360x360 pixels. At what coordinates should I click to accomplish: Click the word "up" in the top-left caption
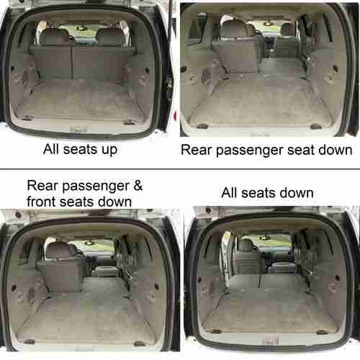click(109, 150)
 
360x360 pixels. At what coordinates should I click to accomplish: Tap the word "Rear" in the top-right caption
click(196, 150)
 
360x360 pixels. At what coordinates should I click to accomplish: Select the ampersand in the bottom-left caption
click(138, 186)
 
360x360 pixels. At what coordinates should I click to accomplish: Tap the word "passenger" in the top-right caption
click(249, 151)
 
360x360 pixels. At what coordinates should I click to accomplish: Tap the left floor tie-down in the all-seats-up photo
click(27, 118)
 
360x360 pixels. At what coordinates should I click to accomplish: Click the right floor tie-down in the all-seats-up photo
click(129, 123)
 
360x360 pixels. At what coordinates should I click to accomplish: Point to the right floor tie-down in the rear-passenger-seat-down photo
click(316, 126)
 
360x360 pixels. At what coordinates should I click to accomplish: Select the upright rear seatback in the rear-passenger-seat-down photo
click(236, 55)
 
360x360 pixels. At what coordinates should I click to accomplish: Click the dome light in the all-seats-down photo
click(265, 238)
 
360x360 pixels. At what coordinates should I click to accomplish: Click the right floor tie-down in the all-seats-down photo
click(321, 332)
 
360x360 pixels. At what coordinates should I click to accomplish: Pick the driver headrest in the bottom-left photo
click(58, 251)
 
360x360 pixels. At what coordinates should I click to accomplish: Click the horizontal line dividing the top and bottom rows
click(180, 169)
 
